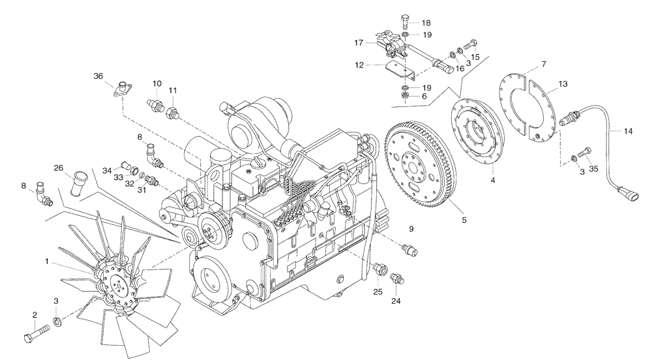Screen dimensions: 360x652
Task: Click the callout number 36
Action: pos(98,76)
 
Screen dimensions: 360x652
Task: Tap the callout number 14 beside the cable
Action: pos(628,131)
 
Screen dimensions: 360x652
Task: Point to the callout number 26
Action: pos(58,168)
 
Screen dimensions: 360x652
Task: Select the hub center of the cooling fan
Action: pos(118,284)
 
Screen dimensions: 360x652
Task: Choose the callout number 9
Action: pos(411,228)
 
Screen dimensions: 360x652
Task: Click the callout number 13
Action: pos(563,84)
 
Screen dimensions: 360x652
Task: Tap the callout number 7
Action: pos(543,64)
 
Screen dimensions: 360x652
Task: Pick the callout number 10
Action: pos(157,83)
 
